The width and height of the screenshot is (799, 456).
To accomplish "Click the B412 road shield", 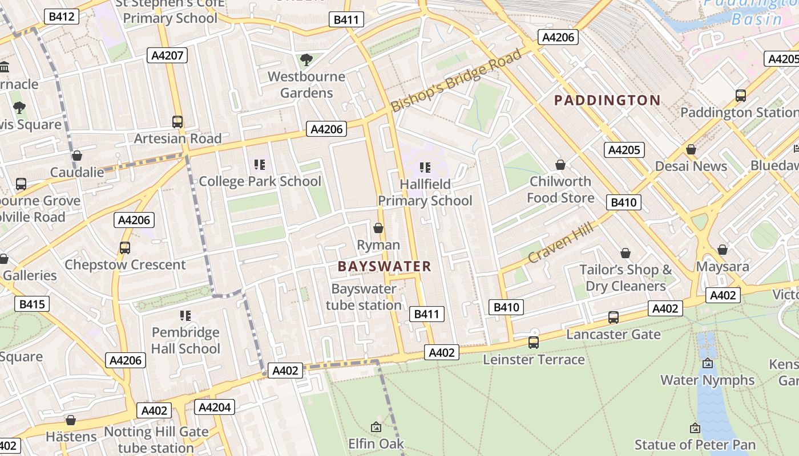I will [x=61, y=16].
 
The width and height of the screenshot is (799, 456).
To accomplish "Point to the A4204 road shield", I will [x=214, y=407].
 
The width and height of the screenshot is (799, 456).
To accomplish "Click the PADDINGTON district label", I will [x=607, y=100].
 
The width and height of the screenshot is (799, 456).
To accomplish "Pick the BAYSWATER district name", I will [x=384, y=266].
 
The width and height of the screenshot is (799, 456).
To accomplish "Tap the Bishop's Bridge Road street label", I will [x=456, y=80].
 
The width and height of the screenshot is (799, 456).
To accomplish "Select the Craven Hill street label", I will [x=560, y=242].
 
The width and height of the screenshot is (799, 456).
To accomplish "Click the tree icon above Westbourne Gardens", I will [x=306, y=59].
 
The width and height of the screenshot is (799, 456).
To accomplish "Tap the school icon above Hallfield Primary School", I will [x=425, y=167].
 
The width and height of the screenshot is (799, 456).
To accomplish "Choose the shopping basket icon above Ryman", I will [x=378, y=228].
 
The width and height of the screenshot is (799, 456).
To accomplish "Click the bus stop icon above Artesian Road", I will [x=177, y=121].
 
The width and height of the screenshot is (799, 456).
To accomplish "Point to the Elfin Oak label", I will [x=376, y=443].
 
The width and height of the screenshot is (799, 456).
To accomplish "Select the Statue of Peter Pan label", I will [x=695, y=445].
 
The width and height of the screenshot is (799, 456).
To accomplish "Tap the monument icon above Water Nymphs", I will [x=708, y=363].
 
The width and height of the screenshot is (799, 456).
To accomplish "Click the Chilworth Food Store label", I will [x=560, y=189].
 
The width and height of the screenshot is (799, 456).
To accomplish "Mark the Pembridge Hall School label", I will [x=185, y=340].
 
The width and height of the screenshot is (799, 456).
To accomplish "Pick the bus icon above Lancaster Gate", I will [x=614, y=317].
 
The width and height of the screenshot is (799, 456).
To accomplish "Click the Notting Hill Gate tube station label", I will [x=156, y=439].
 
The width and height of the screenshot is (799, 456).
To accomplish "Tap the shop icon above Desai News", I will [x=691, y=149].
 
